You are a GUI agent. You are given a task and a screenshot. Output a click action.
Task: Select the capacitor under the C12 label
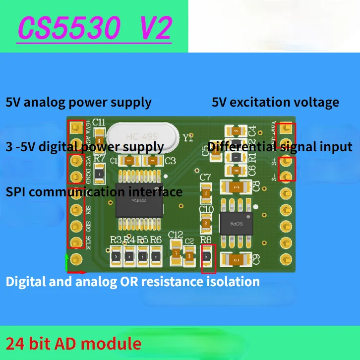(x=176, y=252)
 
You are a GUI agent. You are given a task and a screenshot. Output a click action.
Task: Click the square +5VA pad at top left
(x=75, y=128)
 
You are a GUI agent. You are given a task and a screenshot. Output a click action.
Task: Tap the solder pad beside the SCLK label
(x=75, y=242)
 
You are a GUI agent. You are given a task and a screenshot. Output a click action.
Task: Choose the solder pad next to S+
(x=287, y=161)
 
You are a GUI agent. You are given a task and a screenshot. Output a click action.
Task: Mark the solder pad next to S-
(x=287, y=175)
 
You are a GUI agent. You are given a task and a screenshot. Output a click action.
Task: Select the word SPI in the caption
(x=15, y=191)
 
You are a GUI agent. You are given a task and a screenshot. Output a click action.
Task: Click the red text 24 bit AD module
(x=73, y=344)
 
